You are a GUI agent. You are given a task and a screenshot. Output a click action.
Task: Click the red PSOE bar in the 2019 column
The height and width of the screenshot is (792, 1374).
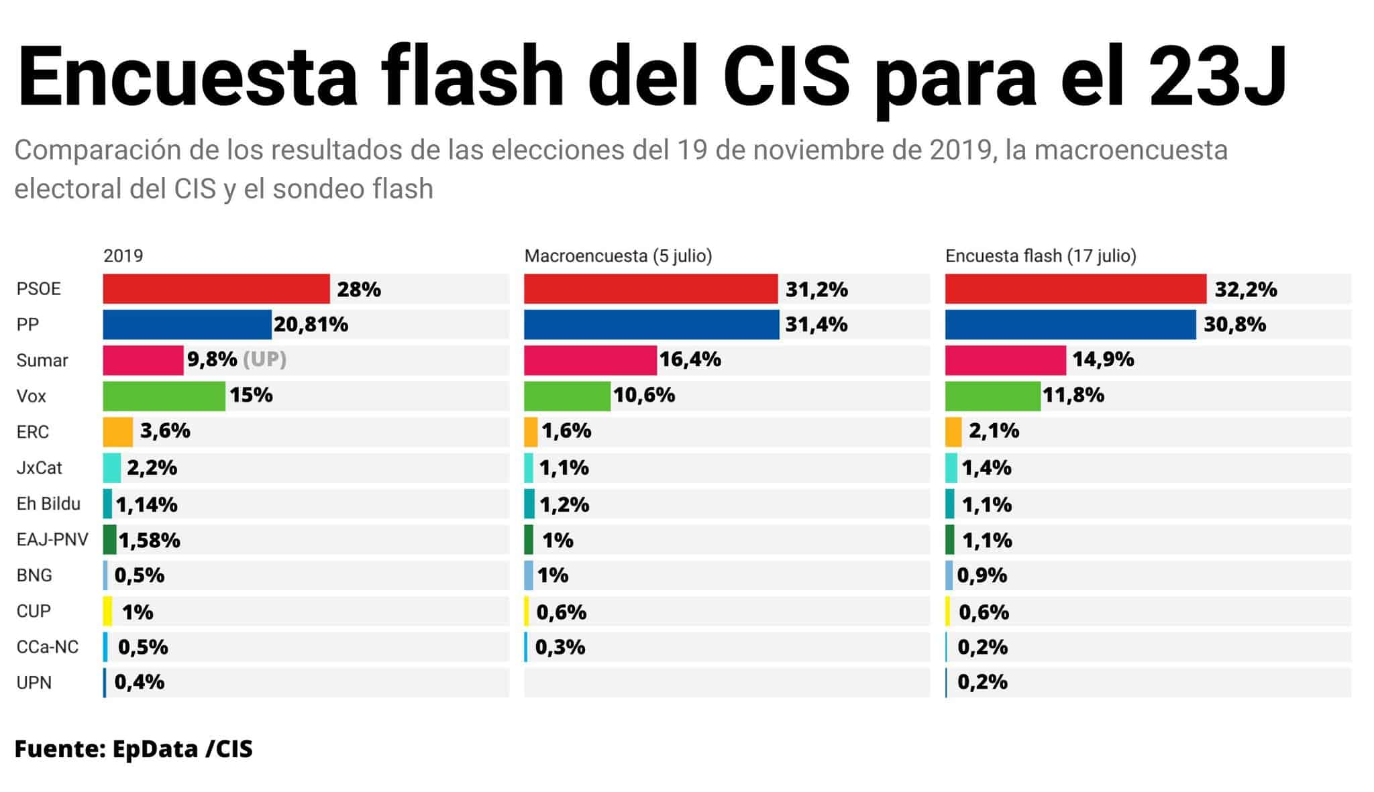[x=216, y=289]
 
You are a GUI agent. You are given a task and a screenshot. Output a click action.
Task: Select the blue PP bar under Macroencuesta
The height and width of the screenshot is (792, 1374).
[x=651, y=325]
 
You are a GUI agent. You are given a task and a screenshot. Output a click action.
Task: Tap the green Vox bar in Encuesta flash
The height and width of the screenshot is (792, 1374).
[x=992, y=396]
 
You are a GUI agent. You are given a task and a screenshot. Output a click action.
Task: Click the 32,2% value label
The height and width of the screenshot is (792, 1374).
[x=1245, y=290]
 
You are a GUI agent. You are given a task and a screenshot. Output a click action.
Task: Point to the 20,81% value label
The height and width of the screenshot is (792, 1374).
[x=311, y=325]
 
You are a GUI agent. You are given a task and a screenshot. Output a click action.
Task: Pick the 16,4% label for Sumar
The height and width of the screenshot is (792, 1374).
[x=690, y=360]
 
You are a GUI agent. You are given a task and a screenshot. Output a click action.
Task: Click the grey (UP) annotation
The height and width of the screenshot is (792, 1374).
[x=264, y=359]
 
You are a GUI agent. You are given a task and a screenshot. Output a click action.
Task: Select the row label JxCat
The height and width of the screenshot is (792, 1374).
[x=39, y=467]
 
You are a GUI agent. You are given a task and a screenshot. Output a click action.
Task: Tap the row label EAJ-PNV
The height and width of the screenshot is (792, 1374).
[x=52, y=539]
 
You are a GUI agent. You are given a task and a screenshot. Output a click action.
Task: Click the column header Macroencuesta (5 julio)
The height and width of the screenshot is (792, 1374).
[x=618, y=256]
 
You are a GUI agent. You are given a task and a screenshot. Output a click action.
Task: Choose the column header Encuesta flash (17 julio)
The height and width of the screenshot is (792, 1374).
[x=1041, y=256]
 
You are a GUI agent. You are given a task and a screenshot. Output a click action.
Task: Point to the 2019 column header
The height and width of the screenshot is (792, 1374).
[x=123, y=256]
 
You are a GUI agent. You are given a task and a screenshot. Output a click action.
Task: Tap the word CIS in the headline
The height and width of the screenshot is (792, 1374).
[x=786, y=76]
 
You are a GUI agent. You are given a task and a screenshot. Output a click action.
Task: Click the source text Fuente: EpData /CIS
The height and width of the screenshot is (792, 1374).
[x=134, y=749]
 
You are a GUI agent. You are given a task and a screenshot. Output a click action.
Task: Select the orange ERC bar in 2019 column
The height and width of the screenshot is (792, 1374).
[x=117, y=432]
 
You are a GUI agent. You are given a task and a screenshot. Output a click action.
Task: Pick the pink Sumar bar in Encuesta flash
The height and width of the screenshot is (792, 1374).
[x=1005, y=360]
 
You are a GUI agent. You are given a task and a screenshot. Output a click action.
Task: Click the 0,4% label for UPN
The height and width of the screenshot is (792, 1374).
[x=139, y=683]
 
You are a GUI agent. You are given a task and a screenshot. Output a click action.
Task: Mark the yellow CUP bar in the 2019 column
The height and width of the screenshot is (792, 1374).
[x=107, y=611]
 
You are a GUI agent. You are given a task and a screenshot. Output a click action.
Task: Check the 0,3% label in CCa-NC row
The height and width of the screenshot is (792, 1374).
[x=560, y=647]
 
